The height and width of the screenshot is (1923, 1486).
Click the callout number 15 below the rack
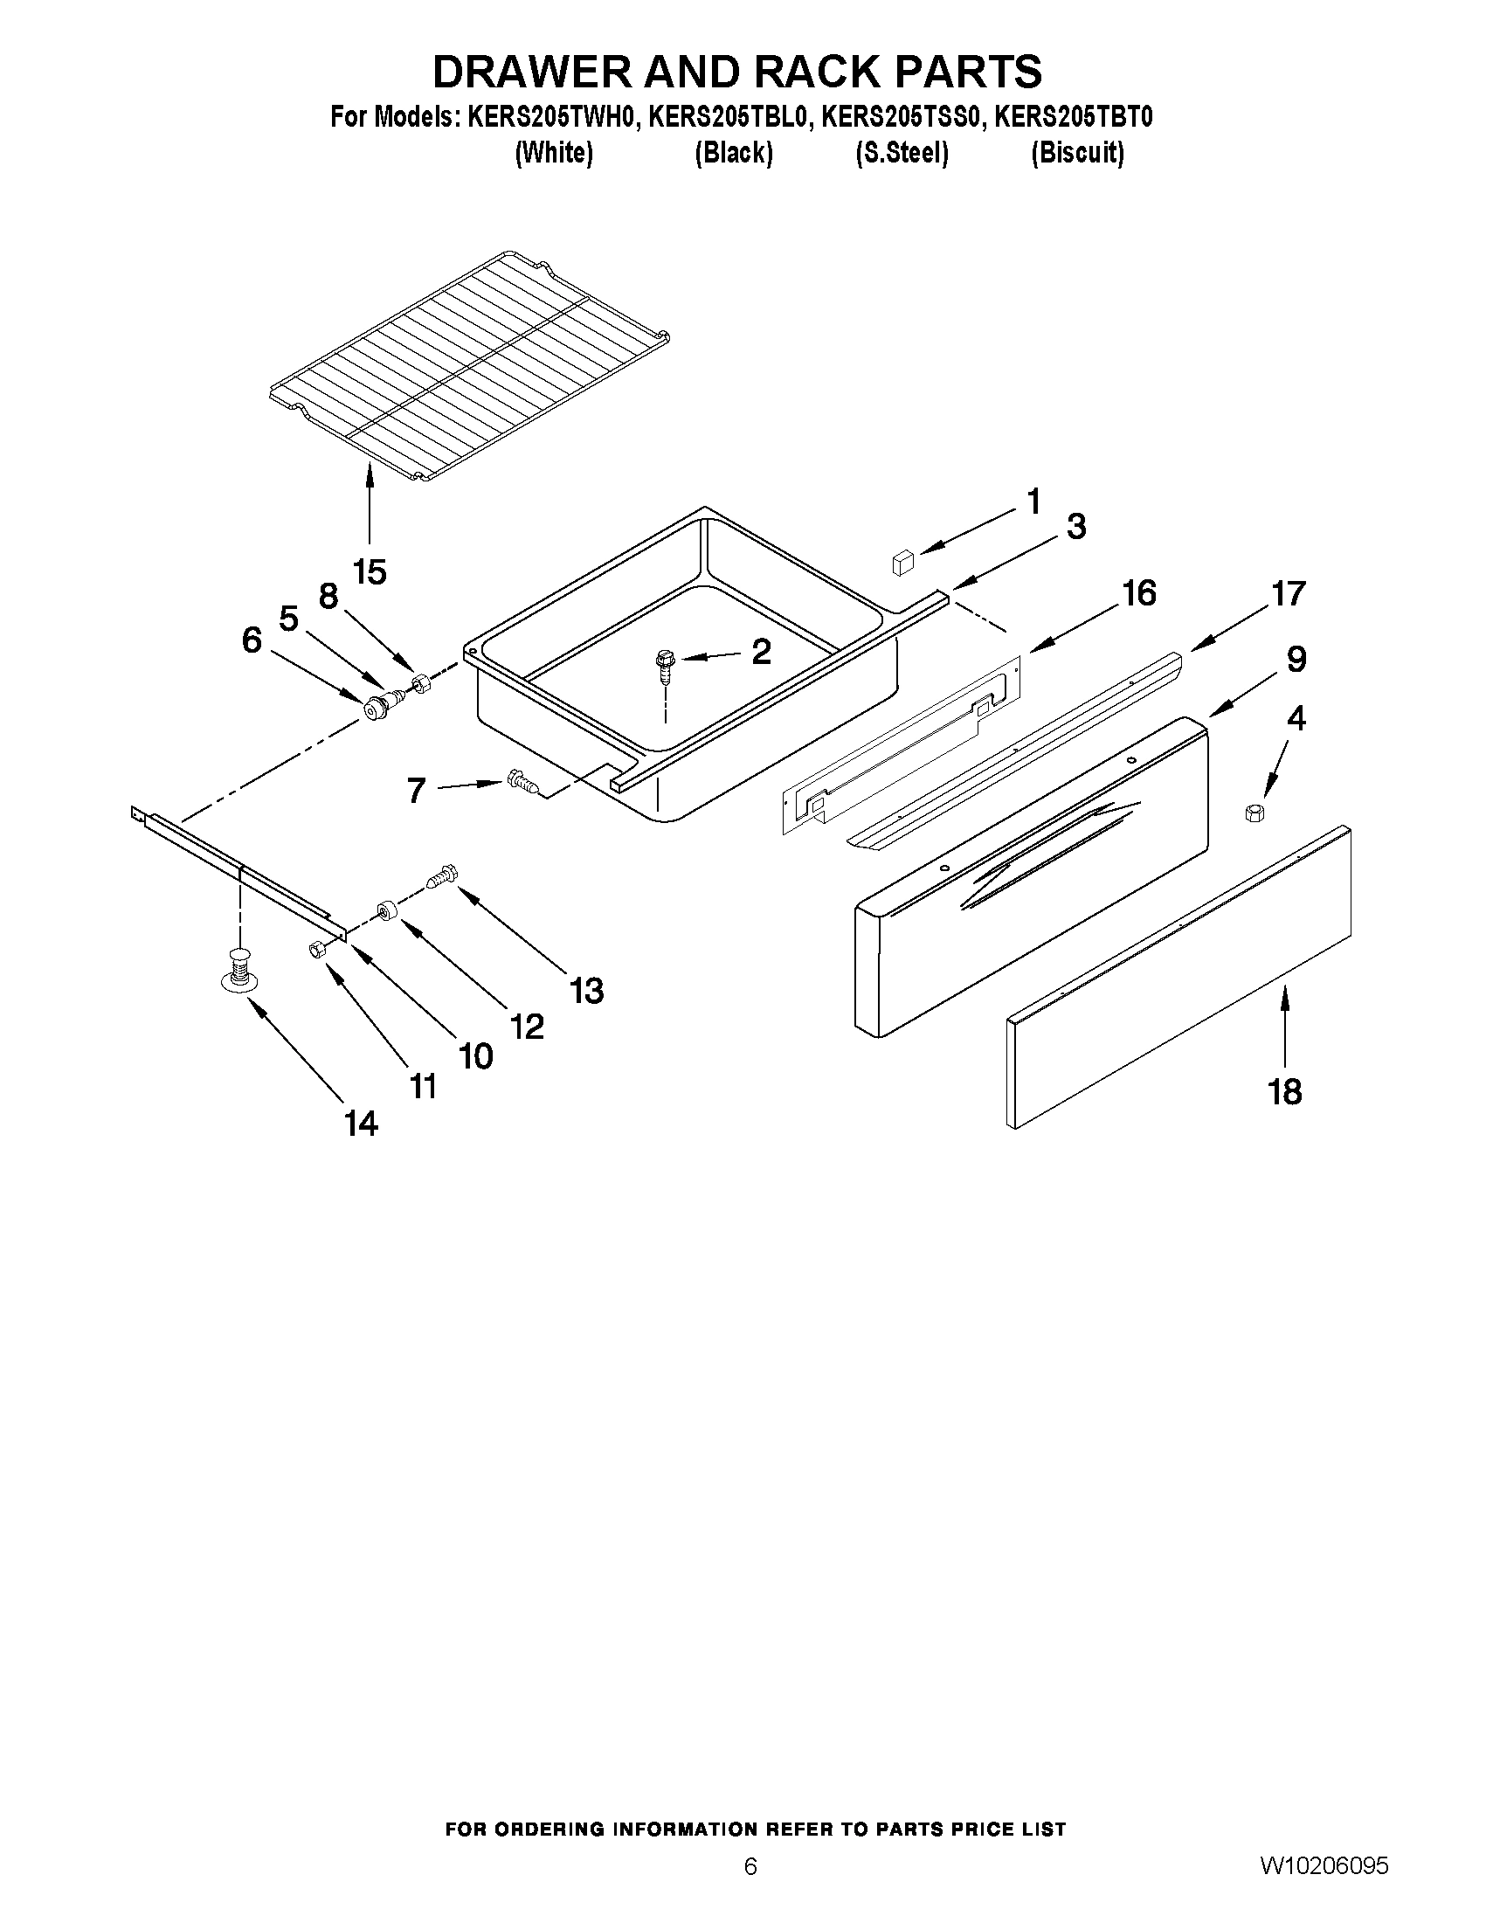coord(370,572)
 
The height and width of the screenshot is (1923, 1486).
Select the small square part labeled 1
coord(903,561)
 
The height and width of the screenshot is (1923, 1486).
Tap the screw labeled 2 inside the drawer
coord(665,661)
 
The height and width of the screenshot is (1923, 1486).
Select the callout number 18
coord(1284,1092)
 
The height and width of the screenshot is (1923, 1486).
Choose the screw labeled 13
coord(439,877)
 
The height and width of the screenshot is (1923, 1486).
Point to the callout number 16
coord(1139,594)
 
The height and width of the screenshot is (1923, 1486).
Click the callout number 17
coord(1289,594)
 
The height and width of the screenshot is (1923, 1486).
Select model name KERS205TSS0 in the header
coord(899,118)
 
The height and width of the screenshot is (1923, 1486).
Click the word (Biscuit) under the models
coord(1077,153)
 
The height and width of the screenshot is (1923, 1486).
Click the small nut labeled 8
coord(421,682)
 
